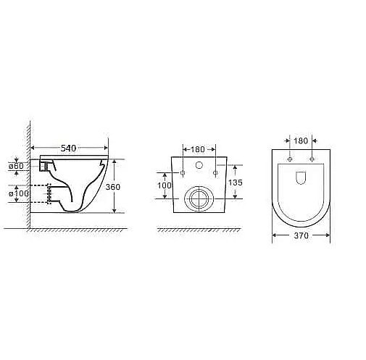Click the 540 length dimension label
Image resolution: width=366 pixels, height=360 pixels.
68,148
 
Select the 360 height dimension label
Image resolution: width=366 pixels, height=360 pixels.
113,187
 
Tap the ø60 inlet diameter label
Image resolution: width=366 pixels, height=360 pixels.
16,166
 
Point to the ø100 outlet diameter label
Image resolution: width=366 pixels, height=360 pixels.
19,193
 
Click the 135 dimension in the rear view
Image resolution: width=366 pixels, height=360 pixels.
236,183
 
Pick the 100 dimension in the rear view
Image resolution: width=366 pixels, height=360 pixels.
165,185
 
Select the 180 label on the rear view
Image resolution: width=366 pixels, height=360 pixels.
198,149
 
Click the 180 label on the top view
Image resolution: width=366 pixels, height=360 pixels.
301,141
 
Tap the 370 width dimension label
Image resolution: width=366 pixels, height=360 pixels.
301,235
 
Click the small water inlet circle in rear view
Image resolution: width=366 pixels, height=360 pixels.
199,165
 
